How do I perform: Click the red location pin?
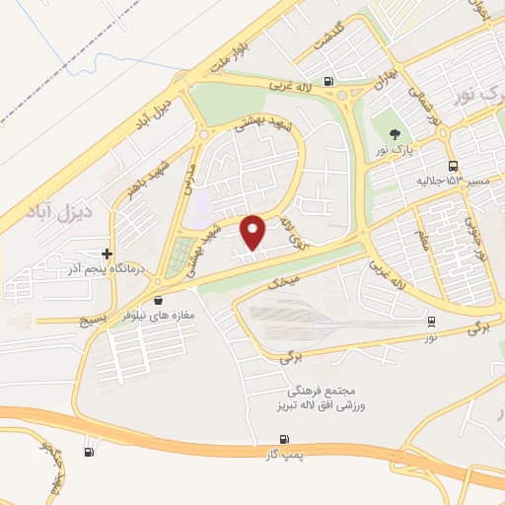point(253,232)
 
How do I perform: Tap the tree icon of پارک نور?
point(397,134)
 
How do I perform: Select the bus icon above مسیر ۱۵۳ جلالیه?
point(453,166)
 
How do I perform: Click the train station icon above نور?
point(431,321)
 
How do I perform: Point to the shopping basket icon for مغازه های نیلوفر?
point(159,299)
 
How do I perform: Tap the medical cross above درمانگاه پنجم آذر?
point(108,253)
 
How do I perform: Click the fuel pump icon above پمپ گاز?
point(284,439)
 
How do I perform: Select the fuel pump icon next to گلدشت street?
point(326,82)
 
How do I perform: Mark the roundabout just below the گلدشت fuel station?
point(346,98)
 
